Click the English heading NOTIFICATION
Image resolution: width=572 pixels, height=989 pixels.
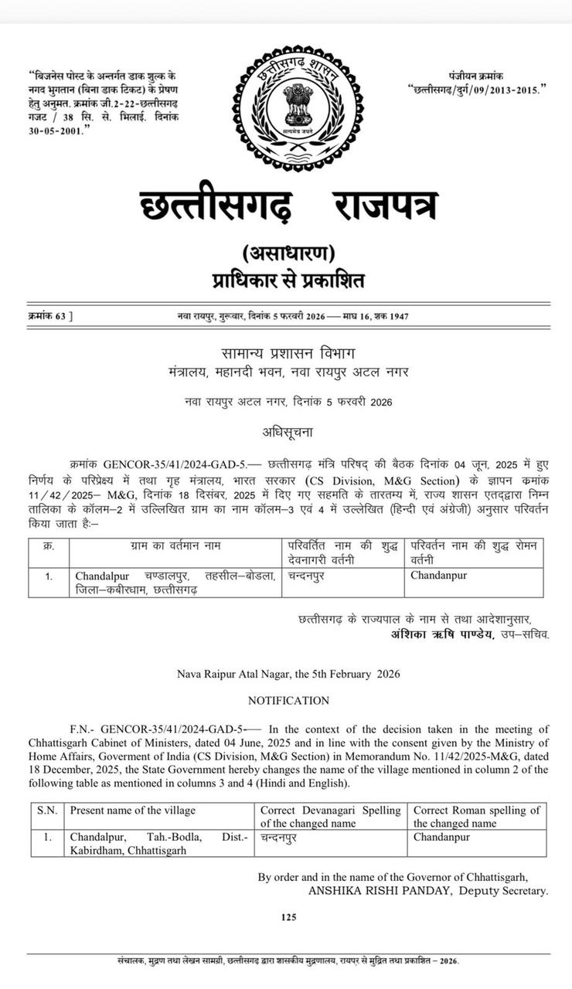288,701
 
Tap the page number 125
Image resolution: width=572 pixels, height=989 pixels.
288,917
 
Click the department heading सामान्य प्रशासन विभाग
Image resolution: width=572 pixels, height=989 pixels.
288,353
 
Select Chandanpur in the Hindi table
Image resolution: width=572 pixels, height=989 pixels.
438,576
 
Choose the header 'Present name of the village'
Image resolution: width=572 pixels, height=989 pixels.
132,811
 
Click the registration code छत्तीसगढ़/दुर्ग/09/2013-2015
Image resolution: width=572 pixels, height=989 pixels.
477,90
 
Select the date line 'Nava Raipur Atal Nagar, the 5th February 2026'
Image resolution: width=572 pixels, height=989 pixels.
288,674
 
